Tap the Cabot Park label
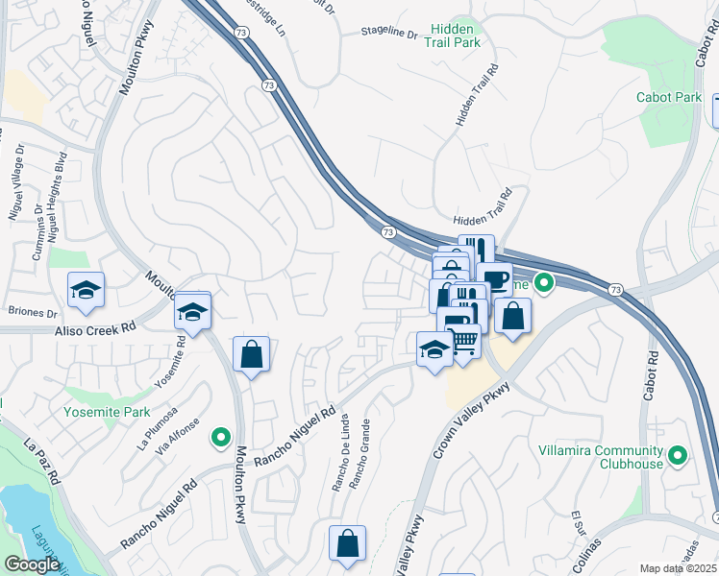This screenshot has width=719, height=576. [x=669, y=98]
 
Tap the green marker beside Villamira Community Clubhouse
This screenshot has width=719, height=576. [x=677, y=455]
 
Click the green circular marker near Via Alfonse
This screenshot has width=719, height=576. [x=221, y=438]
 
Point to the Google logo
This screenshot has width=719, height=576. [x=33, y=564]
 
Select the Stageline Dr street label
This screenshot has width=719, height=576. [x=389, y=34]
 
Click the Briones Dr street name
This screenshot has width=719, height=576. [x=33, y=312]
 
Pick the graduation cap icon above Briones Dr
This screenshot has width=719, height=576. [x=86, y=290]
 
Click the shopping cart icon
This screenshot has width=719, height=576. [x=464, y=340]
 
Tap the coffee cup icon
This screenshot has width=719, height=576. [x=495, y=279]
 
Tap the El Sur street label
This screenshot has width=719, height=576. [x=581, y=527]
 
